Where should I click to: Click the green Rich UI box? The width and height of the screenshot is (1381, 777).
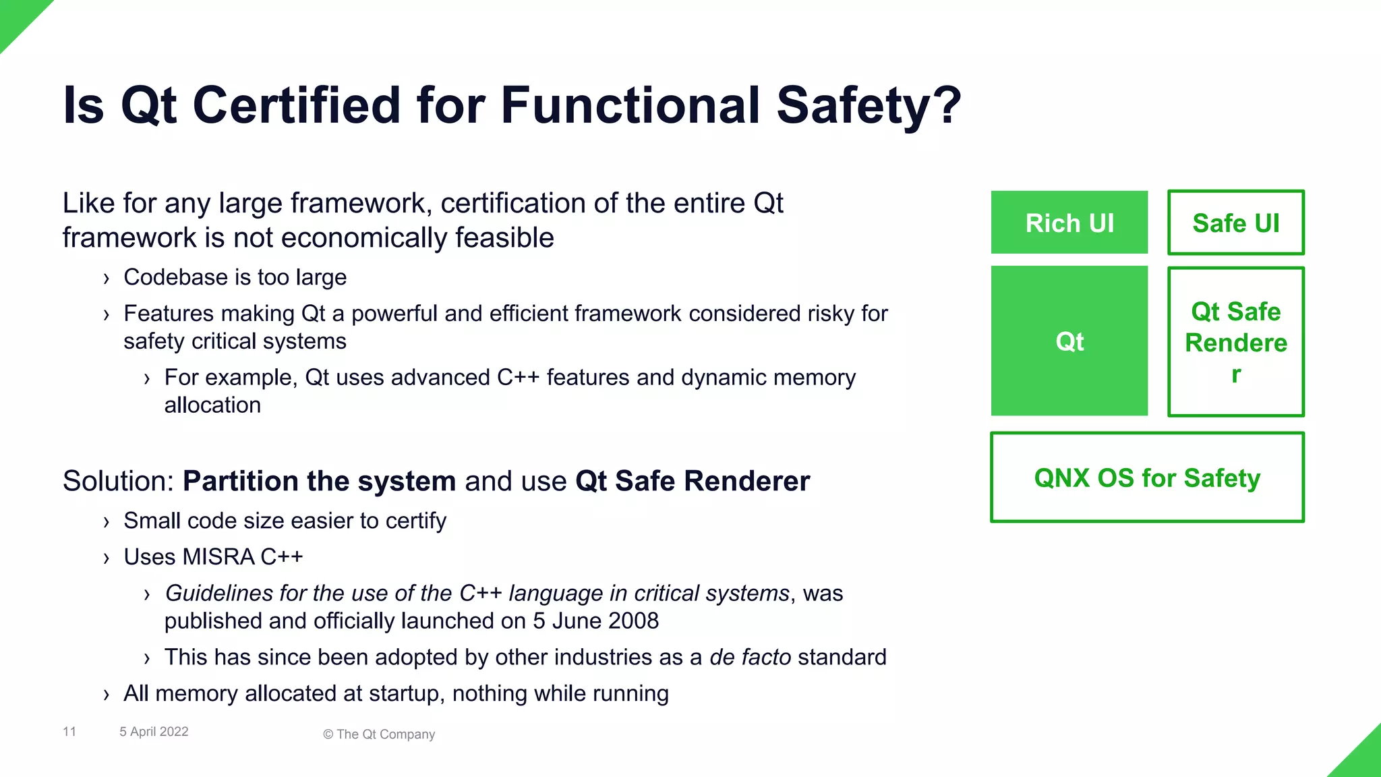[x=1069, y=223]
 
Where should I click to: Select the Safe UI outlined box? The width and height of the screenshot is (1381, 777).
[x=1235, y=223]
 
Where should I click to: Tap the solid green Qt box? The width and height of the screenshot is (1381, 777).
[x=1069, y=341]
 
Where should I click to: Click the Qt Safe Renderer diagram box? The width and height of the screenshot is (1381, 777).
[x=1235, y=342]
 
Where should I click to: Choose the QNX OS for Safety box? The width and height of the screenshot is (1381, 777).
[x=1146, y=478]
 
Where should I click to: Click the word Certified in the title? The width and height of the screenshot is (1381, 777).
[x=297, y=105]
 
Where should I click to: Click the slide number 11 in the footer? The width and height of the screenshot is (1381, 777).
[x=69, y=732]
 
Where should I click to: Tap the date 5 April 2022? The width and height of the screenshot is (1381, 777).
[x=154, y=732]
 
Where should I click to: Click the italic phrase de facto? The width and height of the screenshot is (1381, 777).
[x=750, y=658]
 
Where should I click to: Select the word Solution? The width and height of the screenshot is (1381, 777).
[x=119, y=482]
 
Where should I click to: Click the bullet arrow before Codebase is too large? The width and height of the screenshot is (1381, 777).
[x=106, y=279]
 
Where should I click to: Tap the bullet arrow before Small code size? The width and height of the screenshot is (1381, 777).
[x=106, y=522]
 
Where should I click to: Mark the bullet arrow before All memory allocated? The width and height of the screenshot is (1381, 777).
[x=106, y=695]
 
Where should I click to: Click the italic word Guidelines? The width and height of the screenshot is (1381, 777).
[x=219, y=594]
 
